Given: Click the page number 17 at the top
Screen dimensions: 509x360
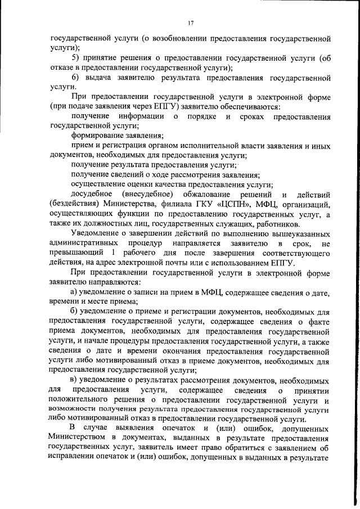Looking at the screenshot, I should (x=191, y=23).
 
